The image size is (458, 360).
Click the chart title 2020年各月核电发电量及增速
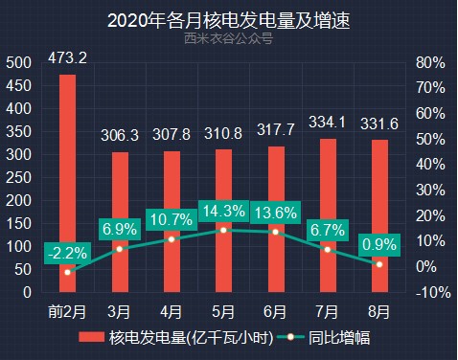(228, 20)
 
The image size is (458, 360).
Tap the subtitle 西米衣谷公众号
(228, 39)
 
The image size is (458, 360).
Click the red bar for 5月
(223, 225)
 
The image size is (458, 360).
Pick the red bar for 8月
(379, 215)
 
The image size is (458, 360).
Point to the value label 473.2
(67, 59)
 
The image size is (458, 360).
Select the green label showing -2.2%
(67, 253)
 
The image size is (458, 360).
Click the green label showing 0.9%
(379, 245)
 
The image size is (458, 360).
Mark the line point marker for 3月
(119, 248)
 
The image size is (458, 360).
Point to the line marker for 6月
(276, 232)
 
